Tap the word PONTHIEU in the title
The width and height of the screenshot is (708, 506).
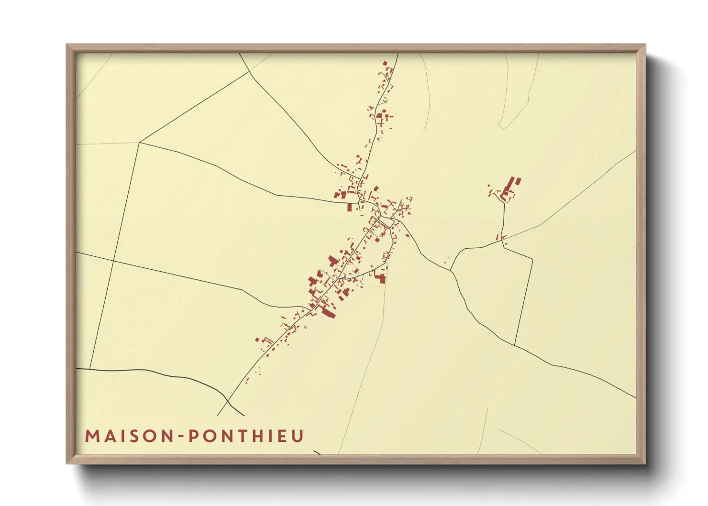pos(246,436)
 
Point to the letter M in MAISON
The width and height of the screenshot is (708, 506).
pos(92,436)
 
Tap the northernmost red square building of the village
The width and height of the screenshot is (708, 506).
pos(385,63)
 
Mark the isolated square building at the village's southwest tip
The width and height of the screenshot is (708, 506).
pos(257,340)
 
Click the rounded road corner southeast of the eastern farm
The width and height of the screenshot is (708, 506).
pos(531,260)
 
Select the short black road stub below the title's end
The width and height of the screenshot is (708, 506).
pos(317,451)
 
